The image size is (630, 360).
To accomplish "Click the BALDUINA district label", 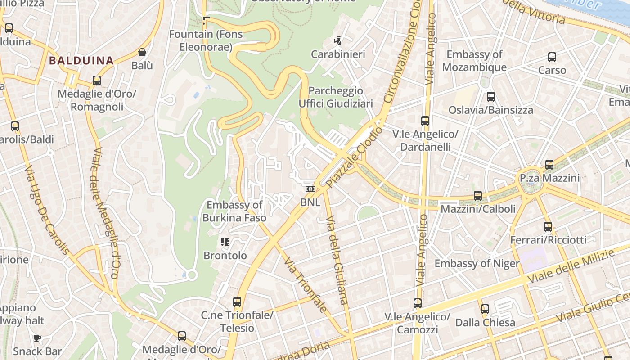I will [x=81, y=60].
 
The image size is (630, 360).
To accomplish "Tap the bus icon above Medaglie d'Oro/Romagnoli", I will [x=96, y=81].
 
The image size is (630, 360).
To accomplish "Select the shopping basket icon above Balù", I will [x=142, y=52].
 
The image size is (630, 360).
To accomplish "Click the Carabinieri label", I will [x=338, y=54].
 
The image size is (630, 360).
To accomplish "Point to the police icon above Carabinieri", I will [x=337, y=41].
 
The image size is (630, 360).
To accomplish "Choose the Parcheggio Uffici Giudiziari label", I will [x=336, y=97].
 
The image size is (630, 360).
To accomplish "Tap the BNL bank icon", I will [x=310, y=189].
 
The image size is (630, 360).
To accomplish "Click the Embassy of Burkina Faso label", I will [x=234, y=211].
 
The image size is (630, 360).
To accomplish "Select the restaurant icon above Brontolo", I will [x=225, y=243].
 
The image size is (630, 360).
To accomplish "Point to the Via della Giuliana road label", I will [x=337, y=260].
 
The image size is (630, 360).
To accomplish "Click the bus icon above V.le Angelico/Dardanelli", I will [x=425, y=121].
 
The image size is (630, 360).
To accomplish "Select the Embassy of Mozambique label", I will [x=474, y=61].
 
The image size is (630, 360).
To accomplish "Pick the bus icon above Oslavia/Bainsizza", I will [x=491, y=96].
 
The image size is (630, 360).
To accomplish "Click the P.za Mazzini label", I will [x=549, y=178].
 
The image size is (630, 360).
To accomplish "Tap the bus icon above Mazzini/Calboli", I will [x=478, y=196].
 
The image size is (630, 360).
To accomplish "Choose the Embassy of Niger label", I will [x=477, y=263].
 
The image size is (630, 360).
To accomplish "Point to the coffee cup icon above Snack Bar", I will [x=37, y=338].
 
